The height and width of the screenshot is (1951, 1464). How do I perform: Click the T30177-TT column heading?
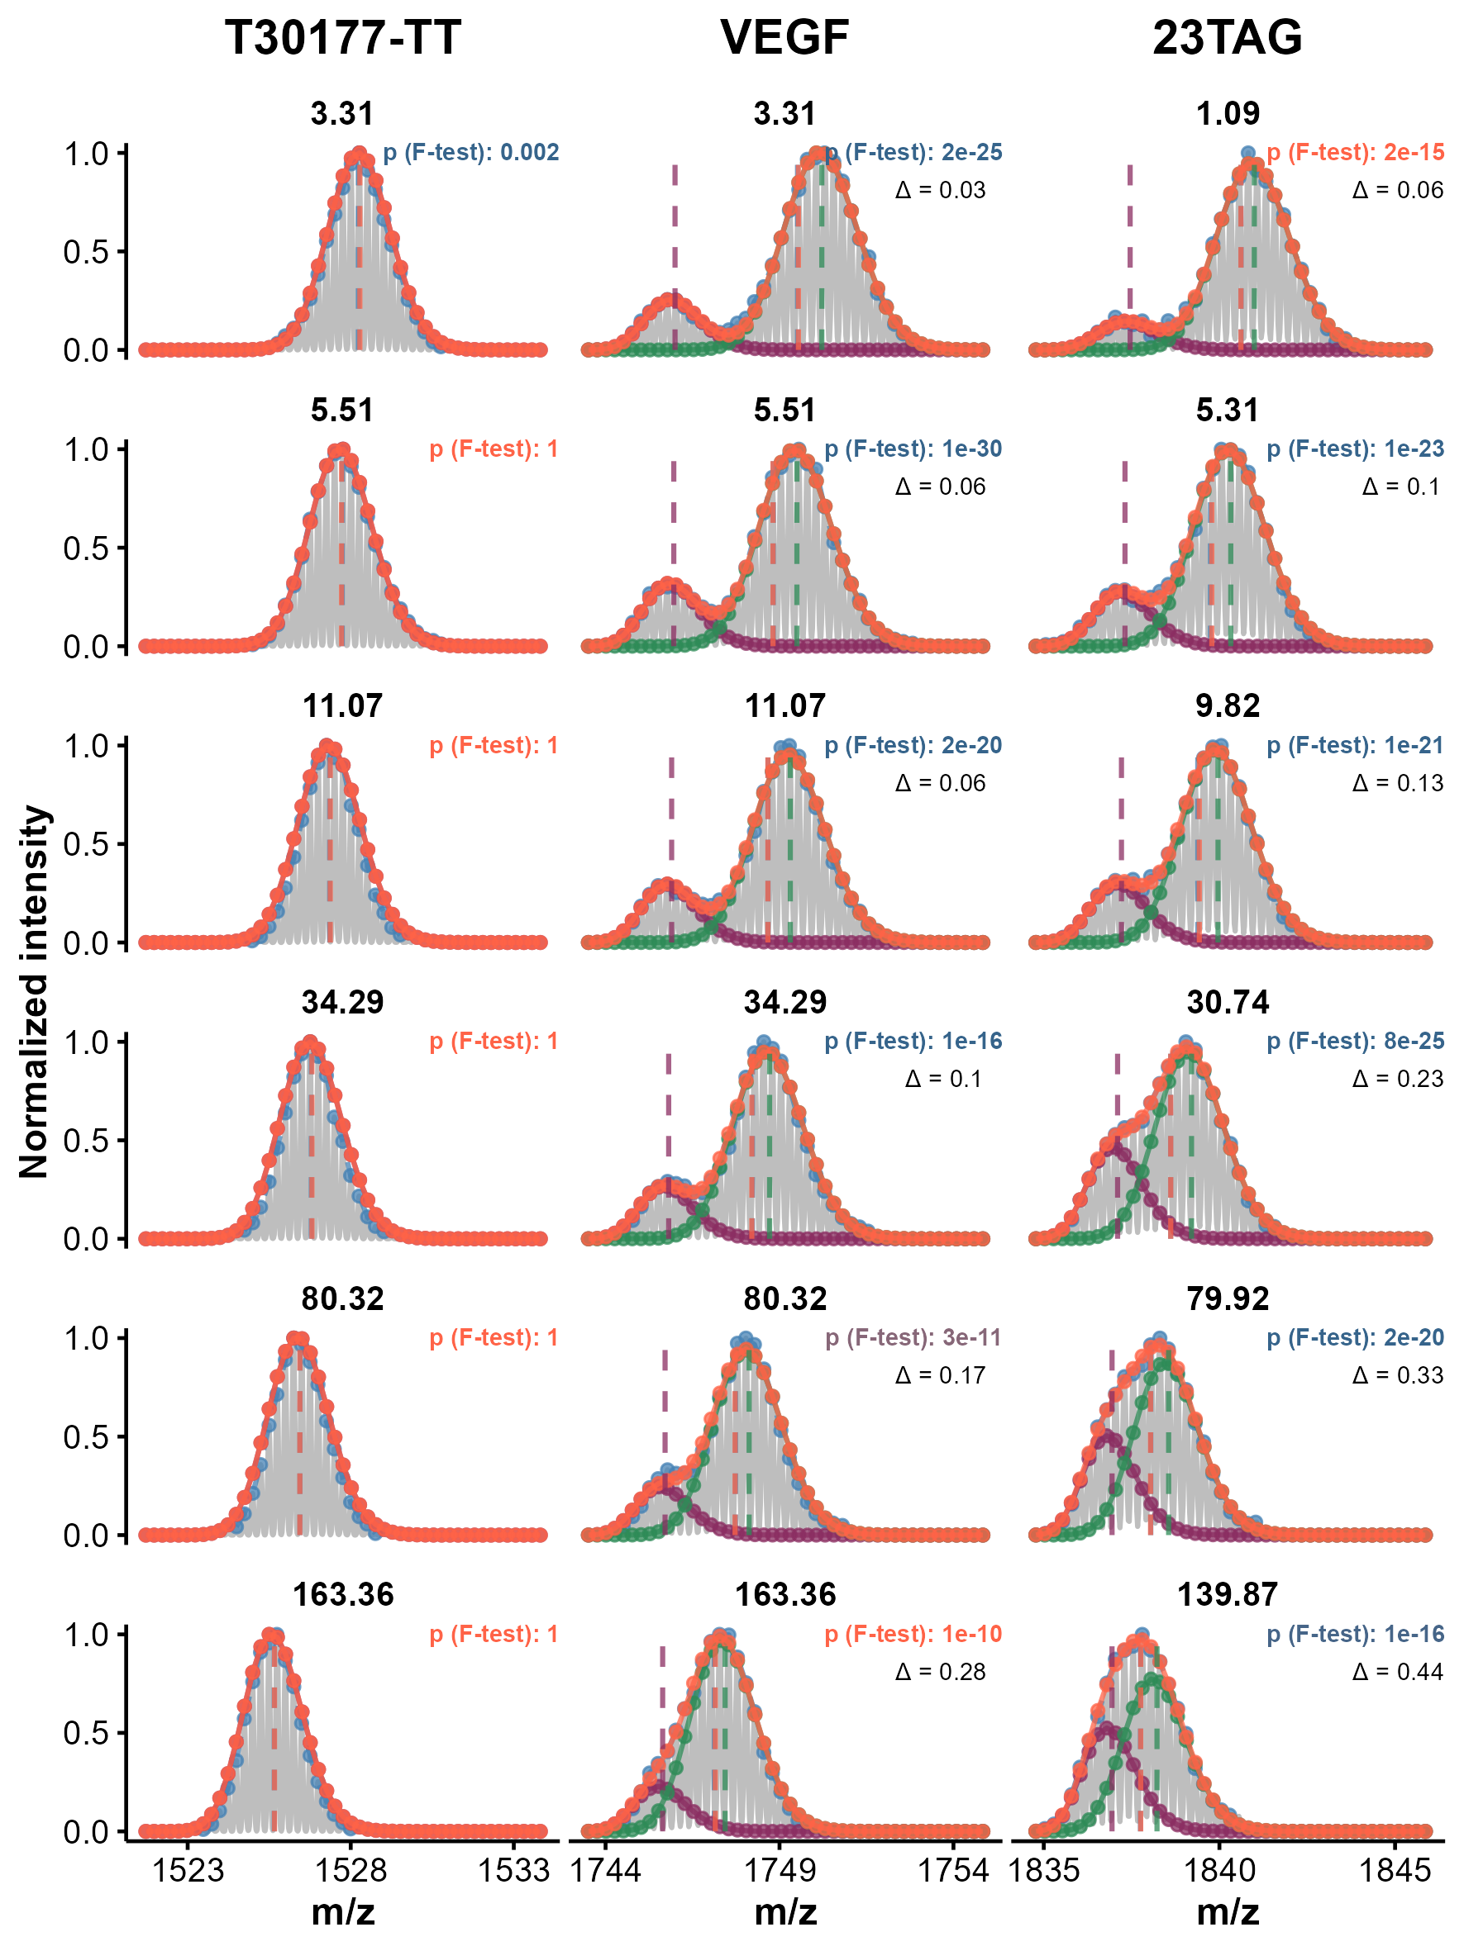(342, 38)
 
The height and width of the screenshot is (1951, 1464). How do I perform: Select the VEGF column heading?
(784, 38)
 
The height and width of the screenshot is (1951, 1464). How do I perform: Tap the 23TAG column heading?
(1227, 38)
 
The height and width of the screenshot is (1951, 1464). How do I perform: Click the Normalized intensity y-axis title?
(34, 991)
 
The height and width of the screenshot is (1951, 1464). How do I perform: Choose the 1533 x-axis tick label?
(513, 1871)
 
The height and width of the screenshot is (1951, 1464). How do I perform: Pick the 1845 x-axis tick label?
(1395, 1871)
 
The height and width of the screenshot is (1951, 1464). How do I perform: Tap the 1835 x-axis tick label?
(1044, 1871)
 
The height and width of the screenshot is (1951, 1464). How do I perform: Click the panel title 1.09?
(1227, 114)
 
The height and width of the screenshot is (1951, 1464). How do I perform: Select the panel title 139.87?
(1227, 1595)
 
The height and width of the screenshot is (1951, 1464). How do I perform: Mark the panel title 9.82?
(1227, 705)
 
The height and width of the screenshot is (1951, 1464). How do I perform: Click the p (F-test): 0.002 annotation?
(471, 153)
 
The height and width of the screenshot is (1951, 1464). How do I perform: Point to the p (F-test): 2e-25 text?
(914, 153)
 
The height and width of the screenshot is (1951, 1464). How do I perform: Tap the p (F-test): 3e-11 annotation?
(913, 1338)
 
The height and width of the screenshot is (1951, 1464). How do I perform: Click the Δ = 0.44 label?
(1398, 1672)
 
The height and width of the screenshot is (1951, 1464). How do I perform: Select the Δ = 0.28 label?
(940, 1672)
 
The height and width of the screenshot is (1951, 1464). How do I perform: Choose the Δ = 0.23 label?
(1398, 1079)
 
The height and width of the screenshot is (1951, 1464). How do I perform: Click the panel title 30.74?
(1227, 1002)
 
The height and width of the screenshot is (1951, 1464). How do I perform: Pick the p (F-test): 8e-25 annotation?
(1356, 1042)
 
